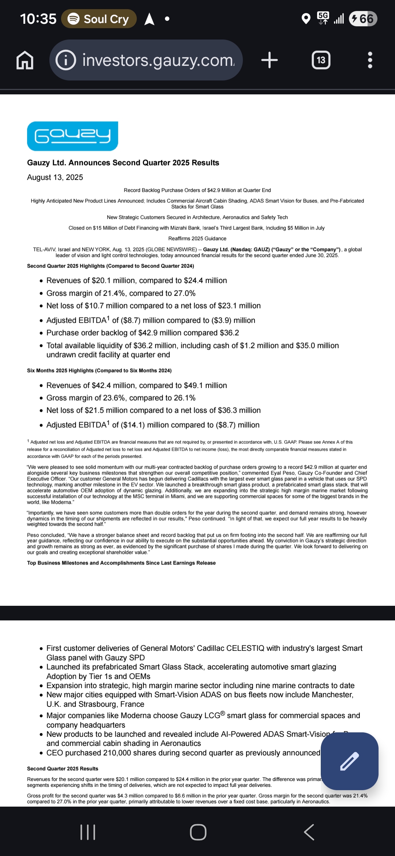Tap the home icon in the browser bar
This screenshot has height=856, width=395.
25,60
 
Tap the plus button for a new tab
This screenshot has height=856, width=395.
270,60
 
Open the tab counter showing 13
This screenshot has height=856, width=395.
321,60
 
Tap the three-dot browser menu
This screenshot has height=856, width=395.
370,60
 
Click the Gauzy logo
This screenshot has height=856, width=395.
72,136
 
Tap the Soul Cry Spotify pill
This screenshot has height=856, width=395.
99,19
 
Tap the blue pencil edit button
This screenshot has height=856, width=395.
349,761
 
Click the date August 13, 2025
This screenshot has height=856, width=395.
55,177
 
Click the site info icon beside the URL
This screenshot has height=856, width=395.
66,60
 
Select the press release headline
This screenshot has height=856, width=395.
123,163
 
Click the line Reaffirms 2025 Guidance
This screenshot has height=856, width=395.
197,239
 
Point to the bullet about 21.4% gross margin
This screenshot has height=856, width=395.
121,293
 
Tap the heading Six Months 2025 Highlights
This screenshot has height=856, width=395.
99,371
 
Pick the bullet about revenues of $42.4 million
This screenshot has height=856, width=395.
136,386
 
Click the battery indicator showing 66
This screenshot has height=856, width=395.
363,19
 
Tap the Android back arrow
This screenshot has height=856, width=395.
309,832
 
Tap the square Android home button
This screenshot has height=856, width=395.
198,832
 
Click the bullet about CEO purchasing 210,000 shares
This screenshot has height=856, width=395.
183,753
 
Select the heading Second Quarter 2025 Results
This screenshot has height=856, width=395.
63,769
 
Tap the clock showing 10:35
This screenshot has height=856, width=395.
38,19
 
